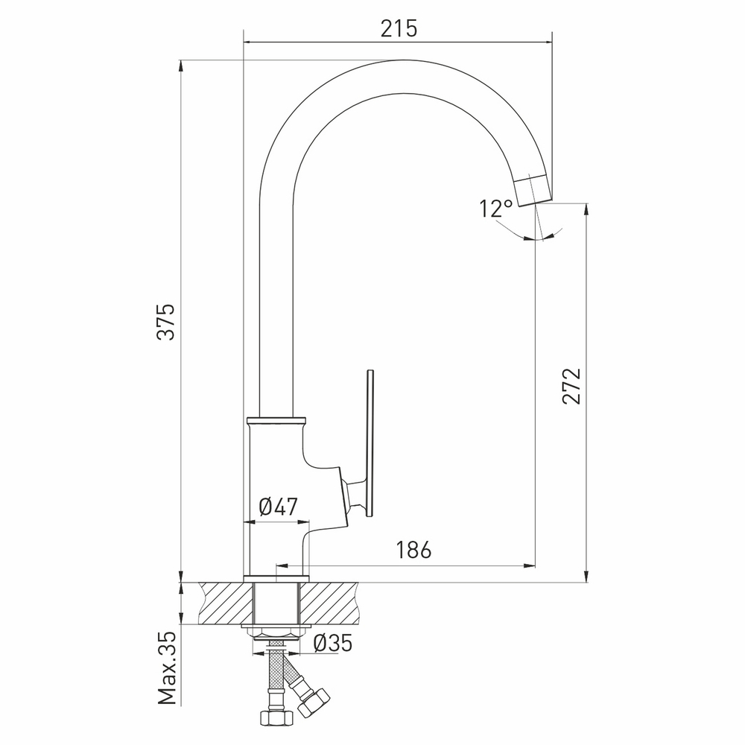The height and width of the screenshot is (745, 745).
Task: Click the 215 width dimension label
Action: [x=399, y=28]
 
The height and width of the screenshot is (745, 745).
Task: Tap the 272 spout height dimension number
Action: [x=571, y=385]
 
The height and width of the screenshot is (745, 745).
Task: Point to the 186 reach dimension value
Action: [x=413, y=551]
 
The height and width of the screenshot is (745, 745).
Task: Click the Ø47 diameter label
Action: [x=278, y=507]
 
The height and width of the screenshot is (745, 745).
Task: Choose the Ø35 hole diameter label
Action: [x=332, y=643]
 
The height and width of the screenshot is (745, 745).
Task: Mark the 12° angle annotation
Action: [x=496, y=209]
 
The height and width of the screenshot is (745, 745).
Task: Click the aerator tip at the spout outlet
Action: [x=533, y=189]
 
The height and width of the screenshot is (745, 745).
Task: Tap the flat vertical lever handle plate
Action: [x=370, y=443]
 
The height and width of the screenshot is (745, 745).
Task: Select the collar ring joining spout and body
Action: [x=276, y=420]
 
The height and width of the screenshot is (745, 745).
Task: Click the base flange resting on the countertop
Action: [x=276, y=578]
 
